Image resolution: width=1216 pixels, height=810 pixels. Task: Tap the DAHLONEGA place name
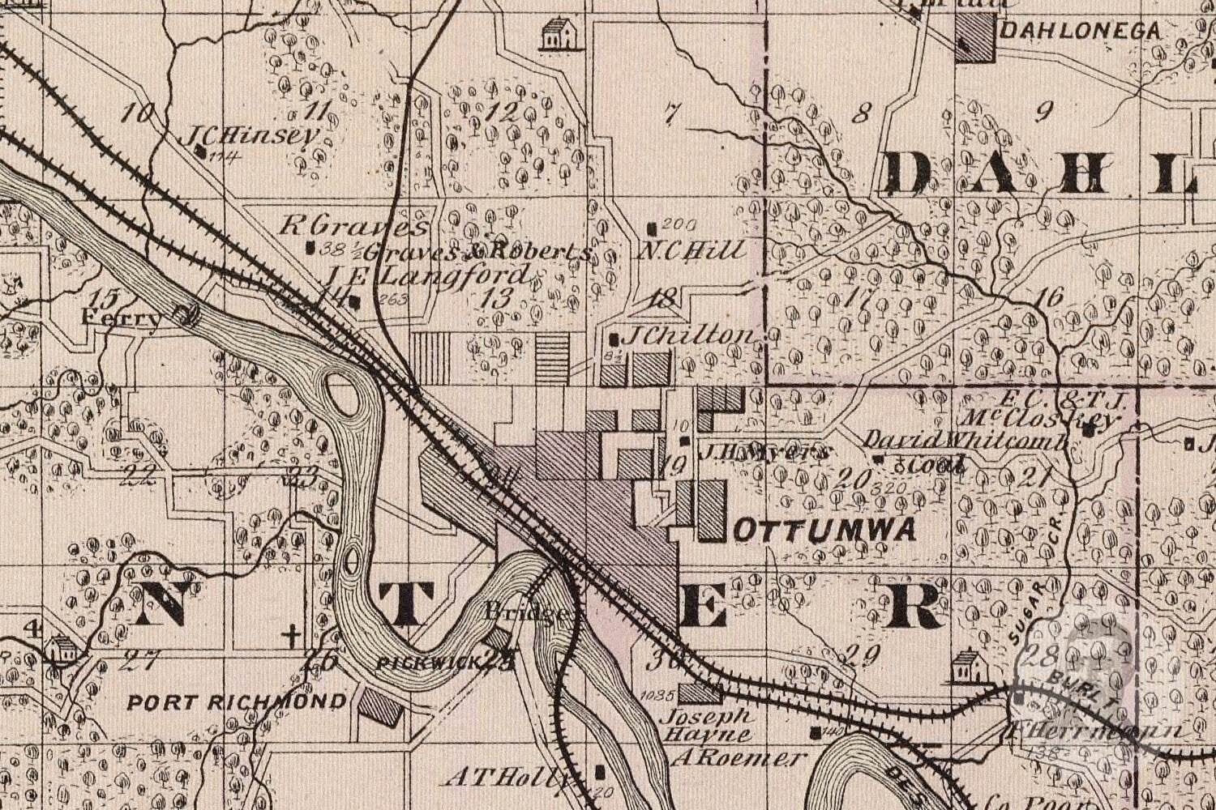click(x=1081, y=32)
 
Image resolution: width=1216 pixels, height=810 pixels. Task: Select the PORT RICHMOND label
click(x=237, y=701)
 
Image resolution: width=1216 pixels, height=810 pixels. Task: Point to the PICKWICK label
click(x=430, y=663)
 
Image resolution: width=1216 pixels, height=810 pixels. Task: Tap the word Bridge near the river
click(x=526, y=613)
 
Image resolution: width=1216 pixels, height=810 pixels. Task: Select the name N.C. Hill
click(x=691, y=250)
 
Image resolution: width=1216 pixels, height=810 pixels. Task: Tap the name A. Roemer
click(x=740, y=758)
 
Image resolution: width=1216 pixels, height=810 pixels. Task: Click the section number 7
click(x=670, y=115)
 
